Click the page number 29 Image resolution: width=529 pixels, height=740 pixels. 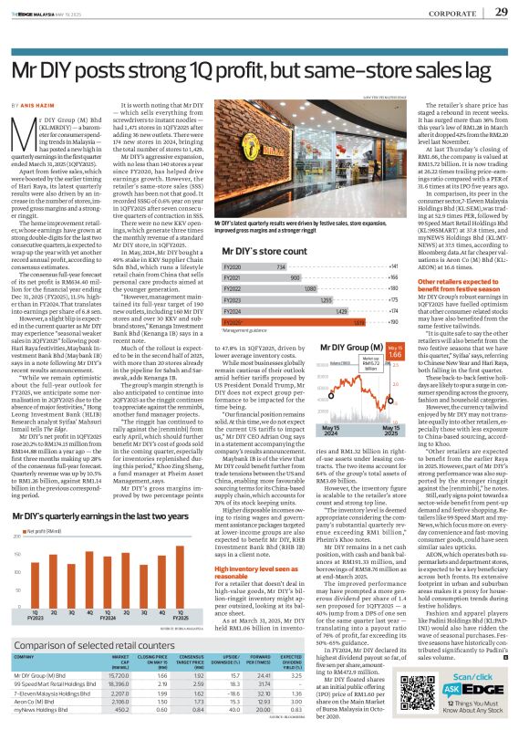click(502, 12)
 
